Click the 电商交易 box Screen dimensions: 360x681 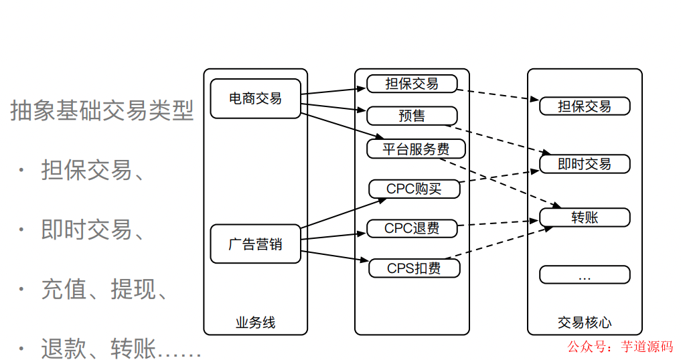(x=255, y=98)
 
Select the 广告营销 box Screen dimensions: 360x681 (x=255, y=244)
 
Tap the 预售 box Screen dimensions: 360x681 (x=412, y=116)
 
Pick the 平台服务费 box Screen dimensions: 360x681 (x=416, y=149)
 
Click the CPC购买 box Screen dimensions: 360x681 (x=414, y=189)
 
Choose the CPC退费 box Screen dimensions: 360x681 (x=412, y=228)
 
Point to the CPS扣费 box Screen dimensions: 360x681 (x=414, y=268)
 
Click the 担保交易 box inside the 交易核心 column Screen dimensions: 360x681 (x=585, y=106)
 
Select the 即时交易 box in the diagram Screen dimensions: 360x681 (x=585, y=164)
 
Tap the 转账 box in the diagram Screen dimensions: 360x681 (x=585, y=217)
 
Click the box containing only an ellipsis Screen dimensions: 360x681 (x=585, y=275)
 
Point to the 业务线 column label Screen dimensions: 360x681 (x=255, y=323)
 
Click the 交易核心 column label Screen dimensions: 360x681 (x=585, y=323)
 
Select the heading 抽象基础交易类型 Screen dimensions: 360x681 (x=102, y=110)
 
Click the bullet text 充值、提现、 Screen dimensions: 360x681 (x=104, y=289)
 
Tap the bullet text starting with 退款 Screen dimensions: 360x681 (x=121, y=348)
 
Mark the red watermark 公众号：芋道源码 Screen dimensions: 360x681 (x=620, y=347)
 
